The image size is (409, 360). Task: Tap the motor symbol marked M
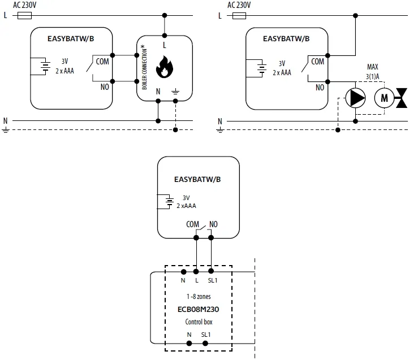(385, 98)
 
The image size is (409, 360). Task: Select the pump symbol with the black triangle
(356, 98)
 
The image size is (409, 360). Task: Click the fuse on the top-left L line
(25, 16)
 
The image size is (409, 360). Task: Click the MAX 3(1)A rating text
(372, 71)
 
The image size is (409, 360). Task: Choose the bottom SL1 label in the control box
(205, 335)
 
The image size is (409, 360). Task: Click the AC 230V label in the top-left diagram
(24, 5)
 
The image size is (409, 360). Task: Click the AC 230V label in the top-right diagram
(239, 5)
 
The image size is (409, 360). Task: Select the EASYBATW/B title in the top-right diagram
(286, 39)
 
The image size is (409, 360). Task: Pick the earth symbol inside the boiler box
(175, 91)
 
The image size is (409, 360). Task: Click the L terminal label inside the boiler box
(165, 44)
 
